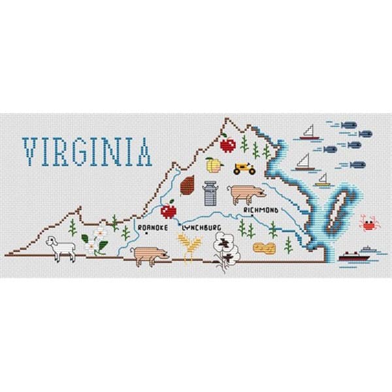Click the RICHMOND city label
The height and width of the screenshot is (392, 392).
click(261, 210)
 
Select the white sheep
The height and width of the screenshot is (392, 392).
click(61, 248)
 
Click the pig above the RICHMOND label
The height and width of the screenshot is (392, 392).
click(247, 193)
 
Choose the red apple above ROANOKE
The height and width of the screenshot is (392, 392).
click(169, 210)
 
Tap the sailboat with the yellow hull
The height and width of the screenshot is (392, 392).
click(321, 181)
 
